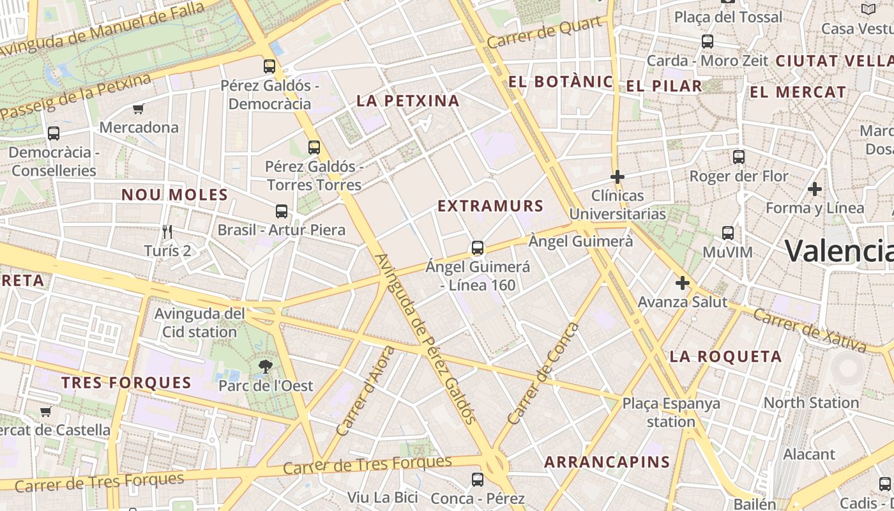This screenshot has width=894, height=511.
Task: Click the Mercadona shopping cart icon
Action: [x=138, y=109]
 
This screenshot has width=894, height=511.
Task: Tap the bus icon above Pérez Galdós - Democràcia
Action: [x=269, y=66]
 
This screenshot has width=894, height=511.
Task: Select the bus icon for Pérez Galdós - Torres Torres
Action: [x=314, y=148]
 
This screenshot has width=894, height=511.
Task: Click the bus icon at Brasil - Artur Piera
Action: [x=281, y=211]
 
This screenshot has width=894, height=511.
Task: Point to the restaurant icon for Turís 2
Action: [x=167, y=231]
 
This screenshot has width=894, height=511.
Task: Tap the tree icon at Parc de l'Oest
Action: [x=266, y=367]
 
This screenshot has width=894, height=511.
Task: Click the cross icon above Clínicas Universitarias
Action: [x=617, y=176]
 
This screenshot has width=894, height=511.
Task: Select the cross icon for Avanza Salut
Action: [x=683, y=282]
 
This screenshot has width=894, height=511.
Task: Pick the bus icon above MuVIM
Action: [x=727, y=233]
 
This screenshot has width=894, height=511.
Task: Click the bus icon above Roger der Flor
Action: [x=739, y=156]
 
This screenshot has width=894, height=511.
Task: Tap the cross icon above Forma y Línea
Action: [x=814, y=189]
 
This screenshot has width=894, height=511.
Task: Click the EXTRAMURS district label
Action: [x=490, y=206]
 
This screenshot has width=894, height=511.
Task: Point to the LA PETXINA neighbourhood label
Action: [x=408, y=100]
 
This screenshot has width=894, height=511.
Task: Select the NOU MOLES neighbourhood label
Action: [x=174, y=195]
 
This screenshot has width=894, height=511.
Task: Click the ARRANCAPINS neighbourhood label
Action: [x=607, y=462]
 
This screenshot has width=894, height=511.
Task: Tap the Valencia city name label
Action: [x=839, y=250]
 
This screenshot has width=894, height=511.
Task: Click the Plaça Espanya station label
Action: [x=671, y=413]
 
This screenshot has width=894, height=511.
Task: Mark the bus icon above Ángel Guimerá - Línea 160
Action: [x=477, y=248]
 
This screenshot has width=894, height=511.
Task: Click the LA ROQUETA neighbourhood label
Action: [x=725, y=356]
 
